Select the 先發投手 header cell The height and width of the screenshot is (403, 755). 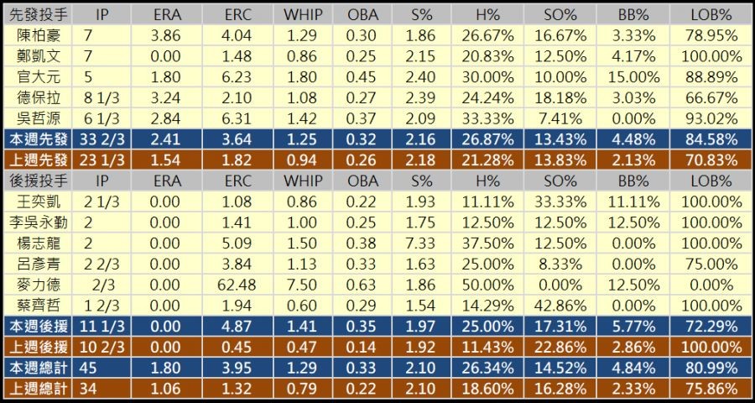tap(39, 16)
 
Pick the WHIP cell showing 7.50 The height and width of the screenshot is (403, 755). tap(303, 285)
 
